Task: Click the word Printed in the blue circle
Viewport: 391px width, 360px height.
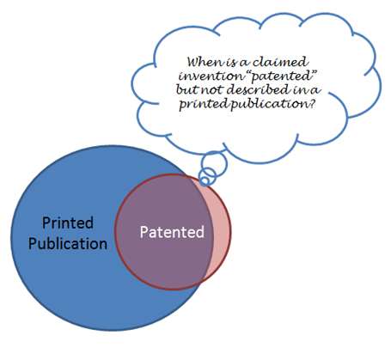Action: coord(68,223)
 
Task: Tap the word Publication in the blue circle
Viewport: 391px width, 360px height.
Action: coord(68,244)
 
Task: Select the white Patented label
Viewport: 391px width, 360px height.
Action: coord(172,232)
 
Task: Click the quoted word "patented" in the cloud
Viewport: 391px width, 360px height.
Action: coord(281,76)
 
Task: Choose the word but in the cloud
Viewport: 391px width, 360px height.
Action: coord(187,89)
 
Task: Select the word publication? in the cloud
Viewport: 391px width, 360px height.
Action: coord(273,104)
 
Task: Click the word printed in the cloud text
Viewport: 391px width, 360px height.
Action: coord(204,104)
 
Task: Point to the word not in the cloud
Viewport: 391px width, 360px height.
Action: coord(211,89)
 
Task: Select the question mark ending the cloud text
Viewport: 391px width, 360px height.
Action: coord(312,103)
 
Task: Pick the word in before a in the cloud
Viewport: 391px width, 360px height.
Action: coord(300,90)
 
